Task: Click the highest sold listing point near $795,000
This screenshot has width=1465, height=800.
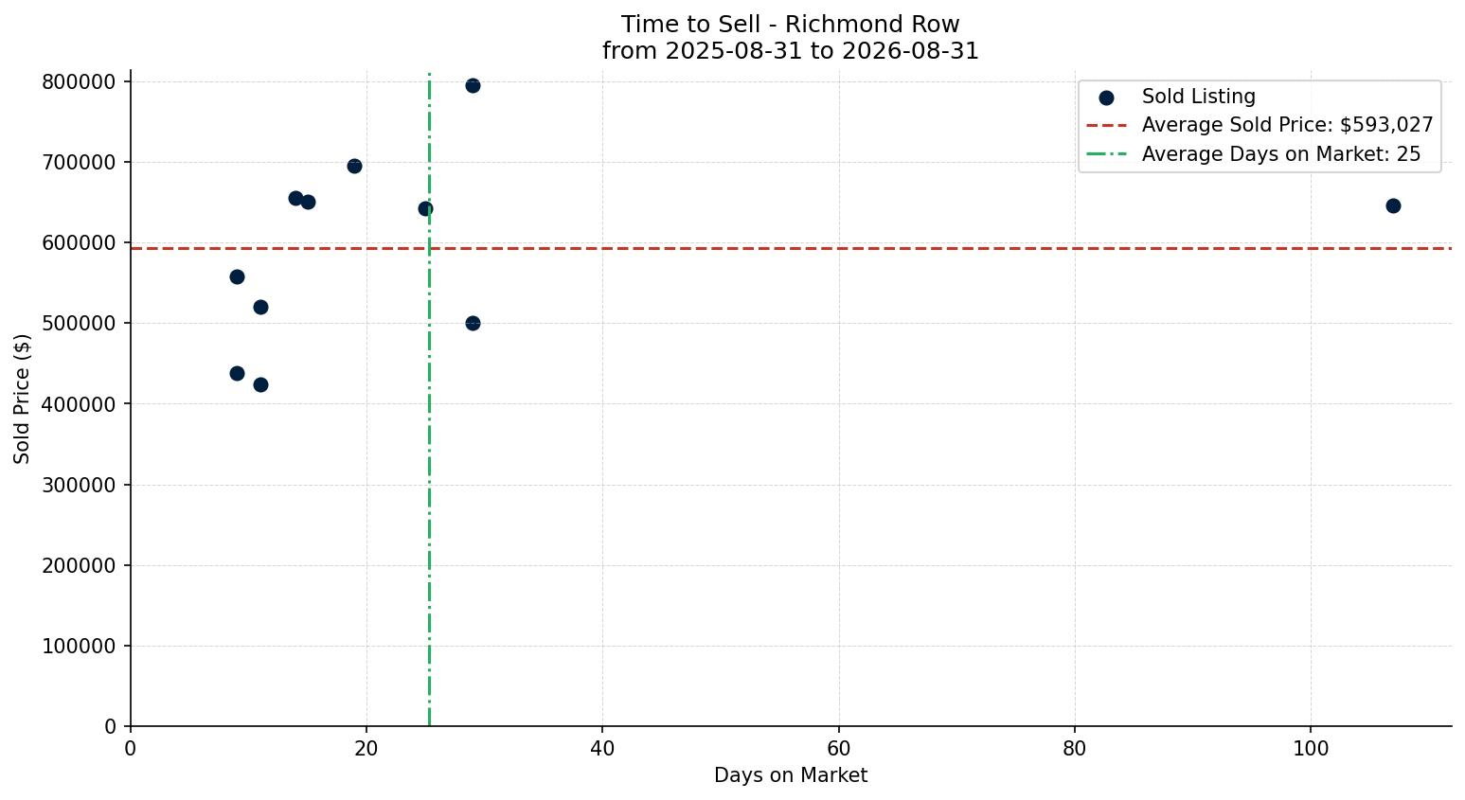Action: (x=473, y=85)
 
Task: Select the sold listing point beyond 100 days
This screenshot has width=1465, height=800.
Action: (x=1393, y=205)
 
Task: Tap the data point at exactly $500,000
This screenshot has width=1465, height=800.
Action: (x=473, y=323)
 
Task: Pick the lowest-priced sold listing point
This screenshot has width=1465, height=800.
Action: (x=260, y=385)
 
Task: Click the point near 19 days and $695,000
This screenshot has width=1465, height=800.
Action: (x=354, y=166)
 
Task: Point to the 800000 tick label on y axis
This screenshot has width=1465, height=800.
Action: (x=79, y=82)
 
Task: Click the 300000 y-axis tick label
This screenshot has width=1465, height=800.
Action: (x=79, y=485)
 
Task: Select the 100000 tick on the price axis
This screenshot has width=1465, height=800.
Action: (x=79, y=647)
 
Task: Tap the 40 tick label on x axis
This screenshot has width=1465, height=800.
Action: (x=602, y=748)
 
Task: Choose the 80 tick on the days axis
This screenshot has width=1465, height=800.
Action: (x=1075, y=748)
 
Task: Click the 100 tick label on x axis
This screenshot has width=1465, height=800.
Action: (x=1311, y=748)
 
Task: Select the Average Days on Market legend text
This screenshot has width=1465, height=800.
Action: (x=1281, y=154)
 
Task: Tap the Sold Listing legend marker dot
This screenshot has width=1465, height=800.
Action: (x=1106, y=98)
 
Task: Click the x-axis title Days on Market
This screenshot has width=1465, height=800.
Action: (x=790, y=775)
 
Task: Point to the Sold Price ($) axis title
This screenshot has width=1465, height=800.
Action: (x=22, y=399)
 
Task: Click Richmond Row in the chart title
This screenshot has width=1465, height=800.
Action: (x=872, y=25)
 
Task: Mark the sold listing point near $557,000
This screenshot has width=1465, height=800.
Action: (x=237, y=277)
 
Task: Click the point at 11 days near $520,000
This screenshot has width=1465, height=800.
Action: (x=260, y=307)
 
